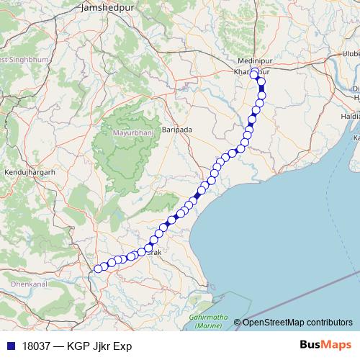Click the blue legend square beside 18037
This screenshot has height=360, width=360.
(x=9, y=346)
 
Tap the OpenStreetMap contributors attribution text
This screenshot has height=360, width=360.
(x=297, y=323)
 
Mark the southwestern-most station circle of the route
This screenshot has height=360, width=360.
(x=98, y=269)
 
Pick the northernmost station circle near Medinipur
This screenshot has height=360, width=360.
(x=254, y=71)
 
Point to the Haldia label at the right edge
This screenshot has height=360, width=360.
(x=351, y=115)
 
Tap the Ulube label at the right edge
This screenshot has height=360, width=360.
(x=351, y=54)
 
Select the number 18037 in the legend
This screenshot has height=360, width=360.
(x=35, y=346)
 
